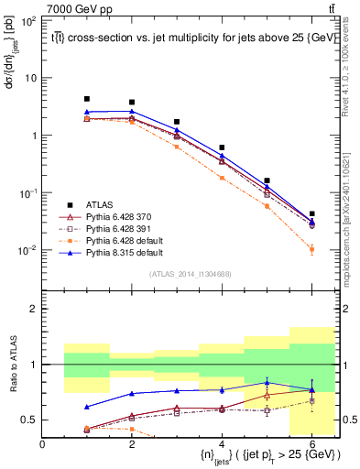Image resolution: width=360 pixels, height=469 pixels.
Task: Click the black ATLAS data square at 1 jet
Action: (x=87, y=99)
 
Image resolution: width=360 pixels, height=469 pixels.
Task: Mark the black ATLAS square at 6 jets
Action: (x=311, y=213)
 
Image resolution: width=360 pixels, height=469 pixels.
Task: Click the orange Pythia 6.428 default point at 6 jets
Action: (x=311, y=249)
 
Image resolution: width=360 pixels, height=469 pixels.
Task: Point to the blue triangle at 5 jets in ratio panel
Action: (x=267, y=382)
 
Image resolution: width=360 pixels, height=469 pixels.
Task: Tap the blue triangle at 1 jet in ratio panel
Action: (x=87, y=407)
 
